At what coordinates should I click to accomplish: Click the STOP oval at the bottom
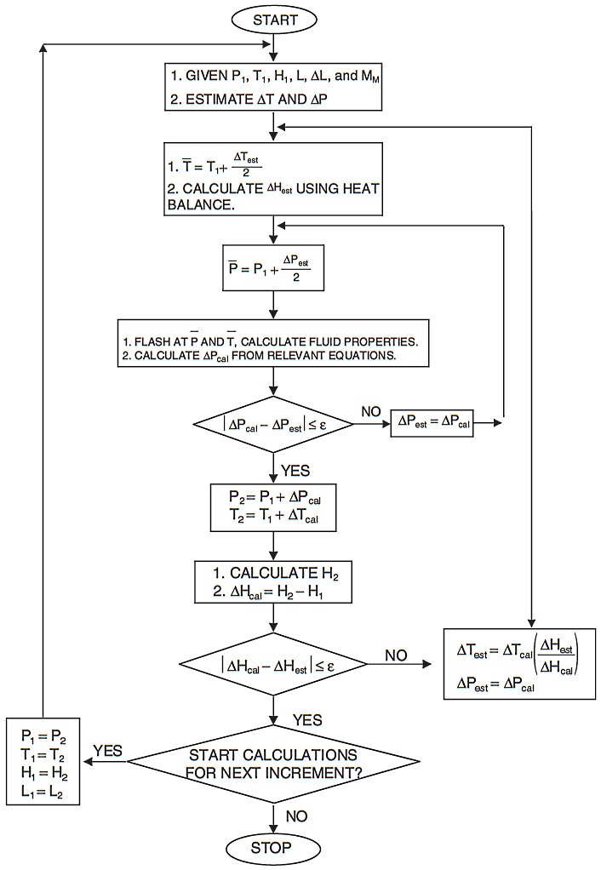[272, 847]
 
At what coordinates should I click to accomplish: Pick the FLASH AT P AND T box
[272, 343]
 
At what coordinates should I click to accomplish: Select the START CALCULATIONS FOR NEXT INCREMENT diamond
[272, 763]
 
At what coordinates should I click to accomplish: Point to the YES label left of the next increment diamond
[108, 750]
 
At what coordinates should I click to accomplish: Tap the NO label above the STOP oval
[295, 816]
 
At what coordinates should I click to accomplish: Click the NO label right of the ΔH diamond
[396, 655]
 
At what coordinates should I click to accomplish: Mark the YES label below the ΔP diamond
[295, 470]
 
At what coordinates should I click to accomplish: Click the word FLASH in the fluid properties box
[152, 341]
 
